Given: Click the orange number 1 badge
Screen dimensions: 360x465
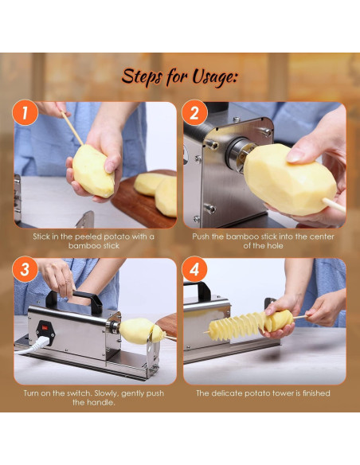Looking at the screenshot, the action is pyautogui.click(x=25, y=113).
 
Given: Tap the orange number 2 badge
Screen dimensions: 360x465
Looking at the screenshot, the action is pyautogui.click(x=194, y=113).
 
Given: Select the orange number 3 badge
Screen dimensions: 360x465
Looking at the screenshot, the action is pyautogui.click(x=25, y=269).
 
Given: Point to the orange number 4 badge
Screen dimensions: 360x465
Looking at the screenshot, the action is pyautogui.click(x=194, y=269).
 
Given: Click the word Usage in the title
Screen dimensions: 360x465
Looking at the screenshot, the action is pyautogui.click(x=215, y=77).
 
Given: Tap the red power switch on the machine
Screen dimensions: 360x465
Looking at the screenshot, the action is pyautogui.click(x=45, y=328).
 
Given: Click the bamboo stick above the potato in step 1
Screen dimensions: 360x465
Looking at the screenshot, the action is pyautogui.click(x=72, y=128).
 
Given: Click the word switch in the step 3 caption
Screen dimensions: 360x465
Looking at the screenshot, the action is pyautogui.click(x=79, y=393).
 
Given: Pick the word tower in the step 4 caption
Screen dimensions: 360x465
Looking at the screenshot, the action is pyautogui.click(x=281, y=393).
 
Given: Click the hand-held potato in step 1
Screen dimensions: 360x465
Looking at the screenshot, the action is pyautogui.click(x=93, y=171).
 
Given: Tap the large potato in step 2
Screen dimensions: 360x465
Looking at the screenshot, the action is pyautogui.click(x=289, y=179).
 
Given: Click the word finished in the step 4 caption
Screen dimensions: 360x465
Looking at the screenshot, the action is pyautogui.click(x=316, y=393).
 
